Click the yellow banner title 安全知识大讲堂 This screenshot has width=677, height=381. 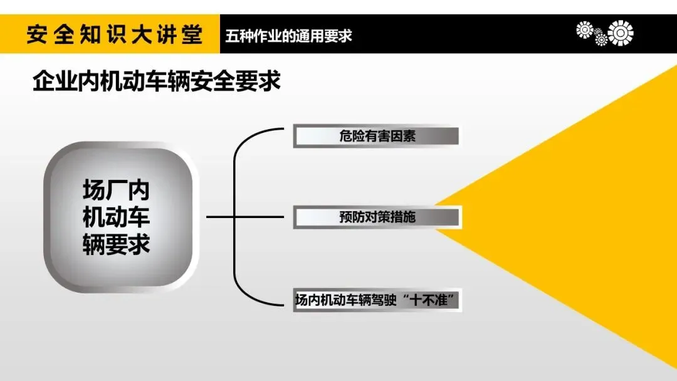pos(114,34)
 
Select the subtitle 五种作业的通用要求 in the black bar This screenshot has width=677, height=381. pos(289,35)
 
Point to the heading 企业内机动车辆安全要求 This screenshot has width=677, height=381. pos(156,82)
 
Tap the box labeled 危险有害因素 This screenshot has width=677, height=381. pos(377,136)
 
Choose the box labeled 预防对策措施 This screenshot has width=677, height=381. pos(377,217)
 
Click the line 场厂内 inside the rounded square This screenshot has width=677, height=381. pos(117,190)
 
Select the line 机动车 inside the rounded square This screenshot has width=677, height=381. pos(117,217)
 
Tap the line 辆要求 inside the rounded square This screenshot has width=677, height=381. pos(117,244)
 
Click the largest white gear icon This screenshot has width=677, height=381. pos(621,33)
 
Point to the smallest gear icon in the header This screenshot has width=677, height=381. pos(601,39)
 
